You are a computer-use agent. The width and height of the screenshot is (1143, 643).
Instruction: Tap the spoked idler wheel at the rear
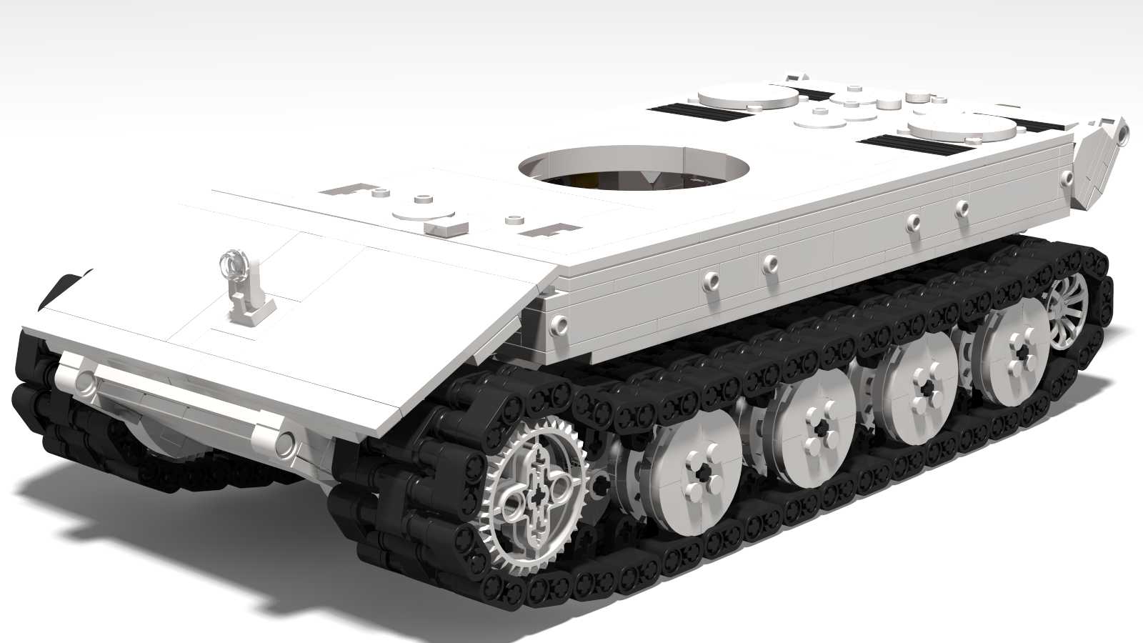point(1069,311)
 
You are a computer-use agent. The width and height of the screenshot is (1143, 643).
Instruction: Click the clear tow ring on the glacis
point(234,264)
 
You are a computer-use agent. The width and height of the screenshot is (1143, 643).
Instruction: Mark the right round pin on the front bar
point(284,443)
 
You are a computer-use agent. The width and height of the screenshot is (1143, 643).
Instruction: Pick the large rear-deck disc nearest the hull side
point(962,131)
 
